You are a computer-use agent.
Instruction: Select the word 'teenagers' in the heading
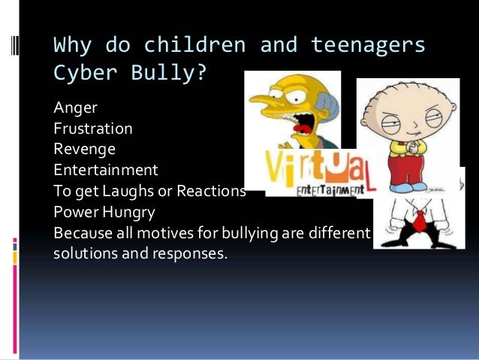[x=369, y=46]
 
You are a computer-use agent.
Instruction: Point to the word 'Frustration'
[x=93, y=129]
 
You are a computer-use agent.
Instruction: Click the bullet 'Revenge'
[x=84, y=149]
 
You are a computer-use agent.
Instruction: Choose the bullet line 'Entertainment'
[x=106, y=170]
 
